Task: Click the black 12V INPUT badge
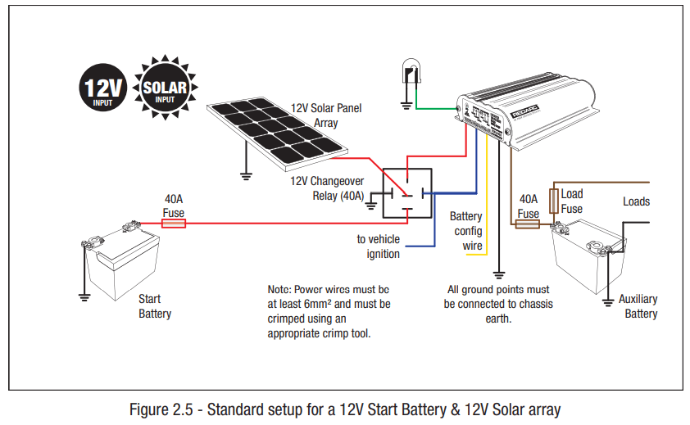click(101, 88)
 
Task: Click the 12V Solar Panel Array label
click(325, 115)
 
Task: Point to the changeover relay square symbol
click(407, 194)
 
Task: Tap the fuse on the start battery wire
click(174, 222)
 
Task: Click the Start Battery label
click(155, 306)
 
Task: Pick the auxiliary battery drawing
click(587, 257)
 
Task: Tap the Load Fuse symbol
click(555, 199)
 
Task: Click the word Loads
click(636, 201)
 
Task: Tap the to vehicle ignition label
click(378, 246)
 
